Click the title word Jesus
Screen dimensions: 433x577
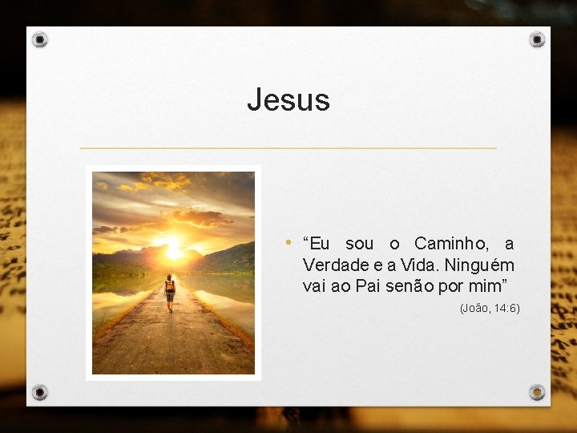pos(288,100)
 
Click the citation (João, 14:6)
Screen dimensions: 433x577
pos(490,308)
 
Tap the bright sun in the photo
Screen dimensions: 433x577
pos(173,251)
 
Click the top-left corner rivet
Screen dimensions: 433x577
pos(41,39)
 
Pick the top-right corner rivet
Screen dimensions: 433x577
pos(537,39)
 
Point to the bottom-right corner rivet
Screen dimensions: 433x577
pos(537,392)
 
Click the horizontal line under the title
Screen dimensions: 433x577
pos(288,148)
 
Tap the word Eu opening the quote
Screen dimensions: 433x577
pos(317,244)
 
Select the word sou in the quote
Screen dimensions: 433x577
pos(359,244)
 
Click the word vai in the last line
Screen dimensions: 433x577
pos(315,286)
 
